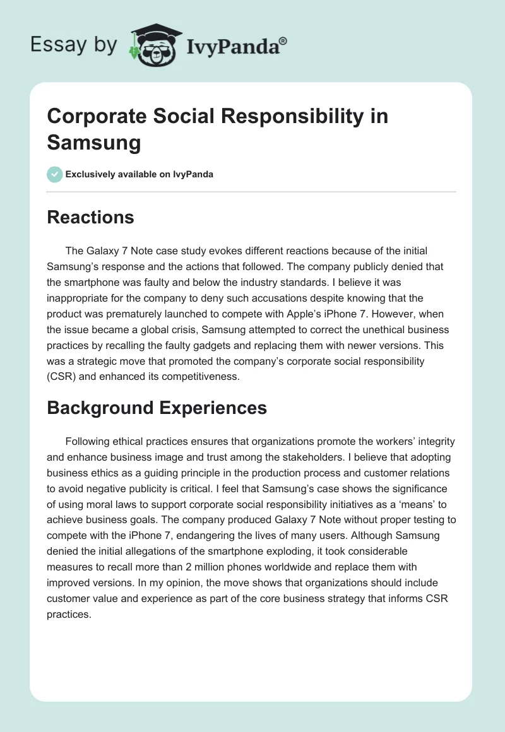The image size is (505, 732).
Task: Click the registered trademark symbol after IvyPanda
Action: [x=283, y=42]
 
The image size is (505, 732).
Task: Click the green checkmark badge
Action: [x=55, y=174]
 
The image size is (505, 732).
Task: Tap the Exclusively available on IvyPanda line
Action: [x=140, y=174]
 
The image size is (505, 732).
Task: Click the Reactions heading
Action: [x=90, y=217]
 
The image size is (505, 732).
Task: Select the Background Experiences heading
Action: [x=157, y=408]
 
